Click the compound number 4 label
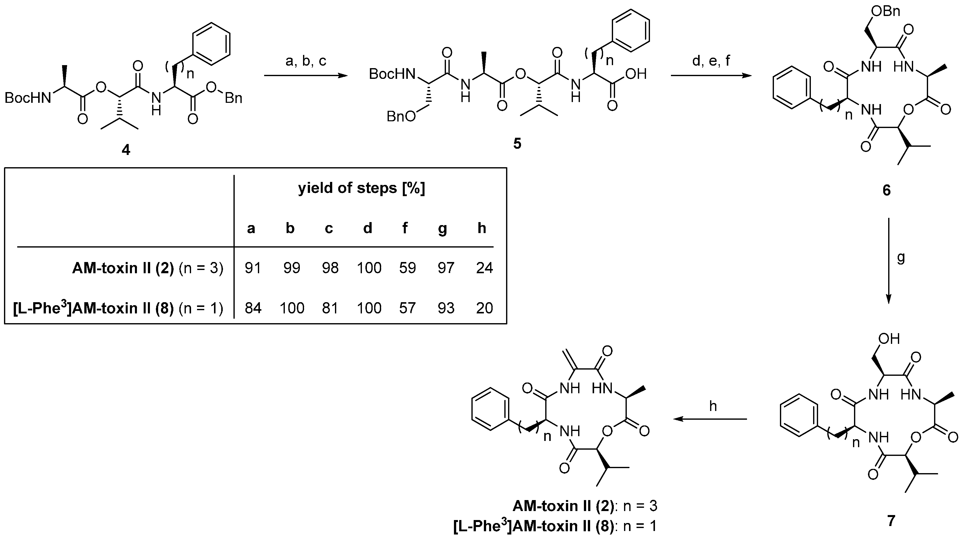pyautogui.click(x=126, y=150)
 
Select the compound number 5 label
pyautogui.click(x=517, y=143)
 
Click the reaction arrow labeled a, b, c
pyautogui.click(x=306, y=76)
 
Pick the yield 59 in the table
pyautogui.click(x=407, y=268)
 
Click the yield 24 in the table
pyautogui.click(x=484, y=268)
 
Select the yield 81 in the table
pyautogui.click(x=330, y=308)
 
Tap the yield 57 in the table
pyautogui.click(x=407, y=308)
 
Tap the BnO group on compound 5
pyautogui.click(x=401, y=117)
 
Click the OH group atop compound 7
pyautogui.click(x=889, y=339)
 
